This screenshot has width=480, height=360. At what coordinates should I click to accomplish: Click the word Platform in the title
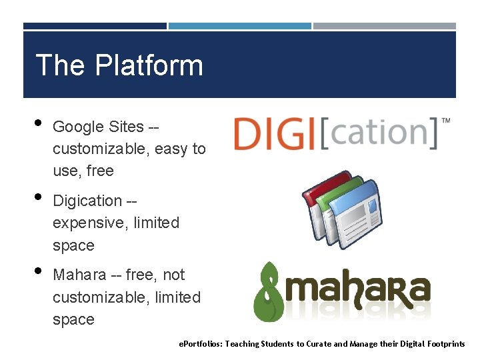click(149, 65)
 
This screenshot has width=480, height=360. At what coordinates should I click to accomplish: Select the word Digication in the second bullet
click(87, 201)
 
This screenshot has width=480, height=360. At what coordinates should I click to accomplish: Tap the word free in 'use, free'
click(100, 171)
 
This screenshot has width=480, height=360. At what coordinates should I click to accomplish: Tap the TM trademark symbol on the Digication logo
click(445, 121)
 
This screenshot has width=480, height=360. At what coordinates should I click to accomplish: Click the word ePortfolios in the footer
click(201, 344)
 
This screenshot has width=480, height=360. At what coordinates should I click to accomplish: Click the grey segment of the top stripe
click(385, 26)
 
